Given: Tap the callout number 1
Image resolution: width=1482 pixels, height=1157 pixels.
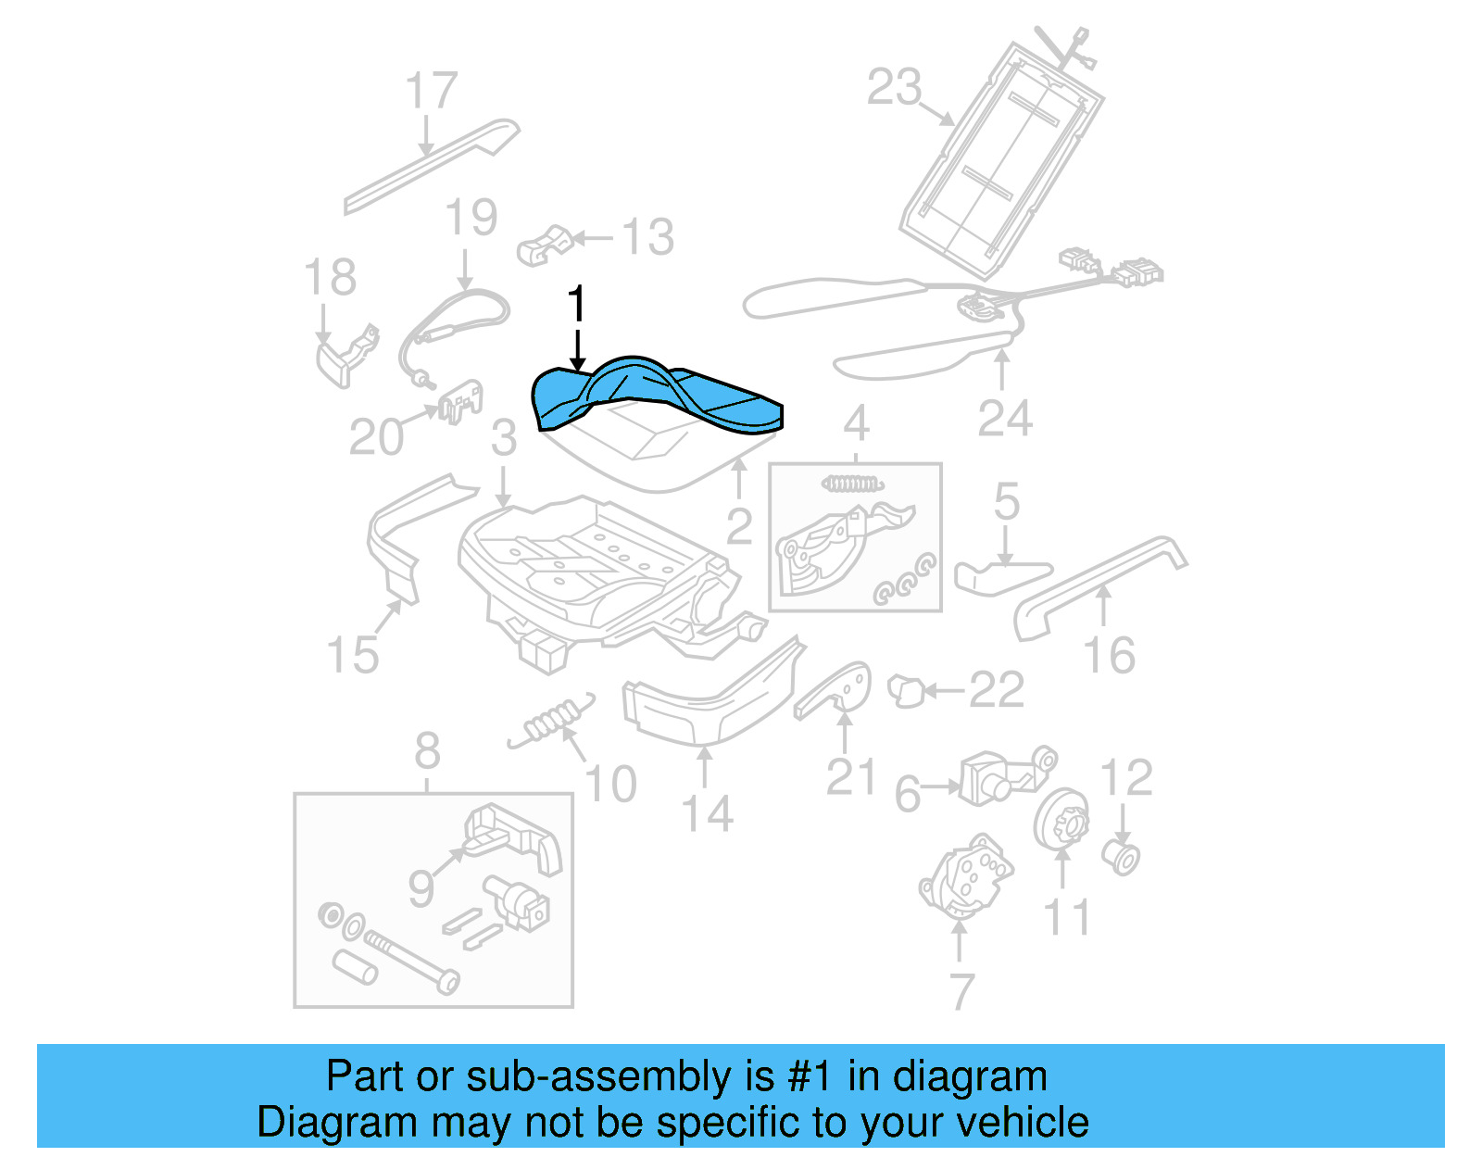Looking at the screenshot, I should pos(576,304).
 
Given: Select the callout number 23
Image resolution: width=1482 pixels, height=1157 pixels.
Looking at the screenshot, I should pos(894,87).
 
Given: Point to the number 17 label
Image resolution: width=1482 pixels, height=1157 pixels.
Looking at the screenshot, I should pos(432,91).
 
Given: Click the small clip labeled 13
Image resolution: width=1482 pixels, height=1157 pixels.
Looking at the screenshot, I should pos(545,245).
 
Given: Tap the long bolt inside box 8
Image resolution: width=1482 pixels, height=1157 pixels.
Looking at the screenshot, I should pos(408,959).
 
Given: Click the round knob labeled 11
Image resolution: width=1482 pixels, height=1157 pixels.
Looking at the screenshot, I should pos(1061,819).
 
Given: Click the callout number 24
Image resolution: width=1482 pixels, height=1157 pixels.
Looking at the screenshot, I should pos(1005,419).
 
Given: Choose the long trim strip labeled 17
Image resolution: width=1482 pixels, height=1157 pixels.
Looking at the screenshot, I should pos(431,167).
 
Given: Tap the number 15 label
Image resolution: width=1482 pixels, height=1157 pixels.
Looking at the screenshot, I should pos(353,654).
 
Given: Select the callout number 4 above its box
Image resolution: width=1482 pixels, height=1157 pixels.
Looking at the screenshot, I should pos(856,423).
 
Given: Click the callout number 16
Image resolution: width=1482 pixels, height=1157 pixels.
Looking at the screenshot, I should pos(1109,655).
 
